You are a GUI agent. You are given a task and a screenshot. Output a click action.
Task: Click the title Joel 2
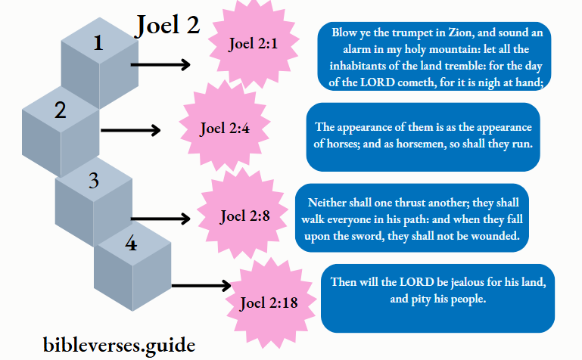tap(167, 25)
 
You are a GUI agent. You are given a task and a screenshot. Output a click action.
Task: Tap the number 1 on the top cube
tap(97, 43)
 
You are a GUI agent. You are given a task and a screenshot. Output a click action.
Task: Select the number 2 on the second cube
tap(60, 110)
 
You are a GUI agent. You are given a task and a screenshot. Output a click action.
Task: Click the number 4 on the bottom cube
tap(131, 244)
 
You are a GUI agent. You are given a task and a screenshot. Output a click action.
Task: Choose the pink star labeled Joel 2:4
tap(224, 128)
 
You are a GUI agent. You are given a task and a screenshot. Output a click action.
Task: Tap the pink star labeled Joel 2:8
tap(244, 216)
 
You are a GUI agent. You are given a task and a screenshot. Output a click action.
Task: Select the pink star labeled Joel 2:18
tap(268, 304)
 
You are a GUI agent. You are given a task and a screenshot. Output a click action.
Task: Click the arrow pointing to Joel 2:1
tap(160, 65)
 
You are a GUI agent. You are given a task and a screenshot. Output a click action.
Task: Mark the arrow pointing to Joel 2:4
tap(130, 130)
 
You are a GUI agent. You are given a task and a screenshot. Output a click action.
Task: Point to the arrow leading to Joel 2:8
tap(160, 219)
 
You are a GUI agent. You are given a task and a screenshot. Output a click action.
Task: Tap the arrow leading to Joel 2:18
tap(201, 286)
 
